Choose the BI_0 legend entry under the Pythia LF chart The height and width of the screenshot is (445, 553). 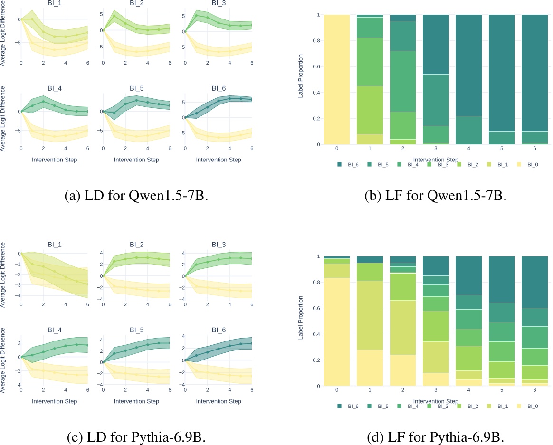531,406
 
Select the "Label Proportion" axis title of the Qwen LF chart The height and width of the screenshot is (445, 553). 300,79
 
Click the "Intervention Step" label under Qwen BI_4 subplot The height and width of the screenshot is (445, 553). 54,160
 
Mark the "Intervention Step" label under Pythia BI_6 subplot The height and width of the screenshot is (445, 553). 219,401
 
